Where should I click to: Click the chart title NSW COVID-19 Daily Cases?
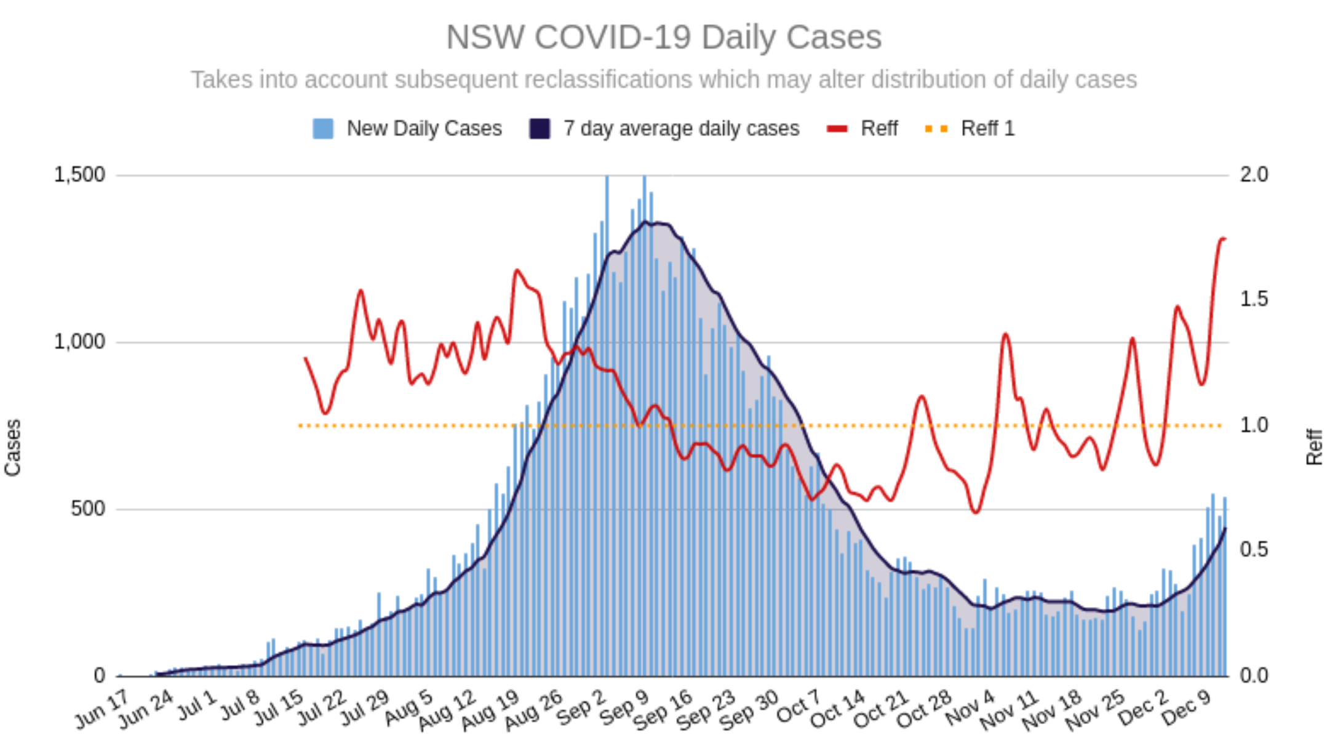tap(664, 37)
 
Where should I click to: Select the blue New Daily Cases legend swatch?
tap(323, 129)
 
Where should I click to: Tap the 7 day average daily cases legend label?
tap(681, 129)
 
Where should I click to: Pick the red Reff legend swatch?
tap(837, 129)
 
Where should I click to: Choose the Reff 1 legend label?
tap(987, 129)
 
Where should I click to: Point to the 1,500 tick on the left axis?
tap(79, 175)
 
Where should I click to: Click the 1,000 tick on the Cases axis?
tap(79, 342)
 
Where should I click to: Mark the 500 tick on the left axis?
tap(87, 509)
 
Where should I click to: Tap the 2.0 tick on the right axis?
tap(1254, 175)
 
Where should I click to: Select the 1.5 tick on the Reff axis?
tap(1254, 299)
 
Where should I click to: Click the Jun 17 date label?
tap(102, 710)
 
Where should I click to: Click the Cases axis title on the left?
tap(13, 448)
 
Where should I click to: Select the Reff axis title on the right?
tap(1313, 447)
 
